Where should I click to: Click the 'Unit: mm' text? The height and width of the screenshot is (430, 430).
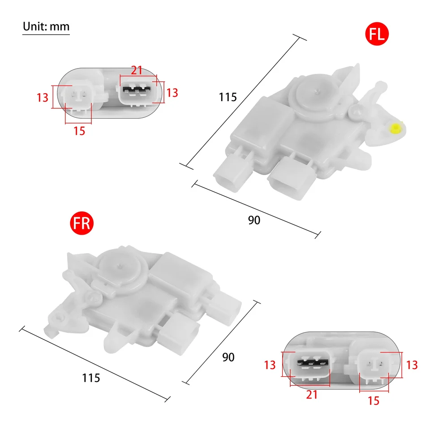click(46, 26)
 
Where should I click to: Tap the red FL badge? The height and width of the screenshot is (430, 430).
click(377, 34)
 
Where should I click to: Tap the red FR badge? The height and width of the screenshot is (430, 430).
click(82, 223)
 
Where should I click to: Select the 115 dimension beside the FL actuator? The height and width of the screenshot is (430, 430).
click(228, 97)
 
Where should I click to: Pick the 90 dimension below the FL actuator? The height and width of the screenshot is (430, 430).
click(254, 220)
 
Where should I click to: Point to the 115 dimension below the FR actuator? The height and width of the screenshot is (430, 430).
click(91, 378)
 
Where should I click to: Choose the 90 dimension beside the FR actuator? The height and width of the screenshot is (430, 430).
click(228, 357)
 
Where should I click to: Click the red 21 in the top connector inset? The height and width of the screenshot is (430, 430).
click(137, 70)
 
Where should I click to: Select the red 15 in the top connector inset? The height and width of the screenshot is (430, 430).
click(79, 131)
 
